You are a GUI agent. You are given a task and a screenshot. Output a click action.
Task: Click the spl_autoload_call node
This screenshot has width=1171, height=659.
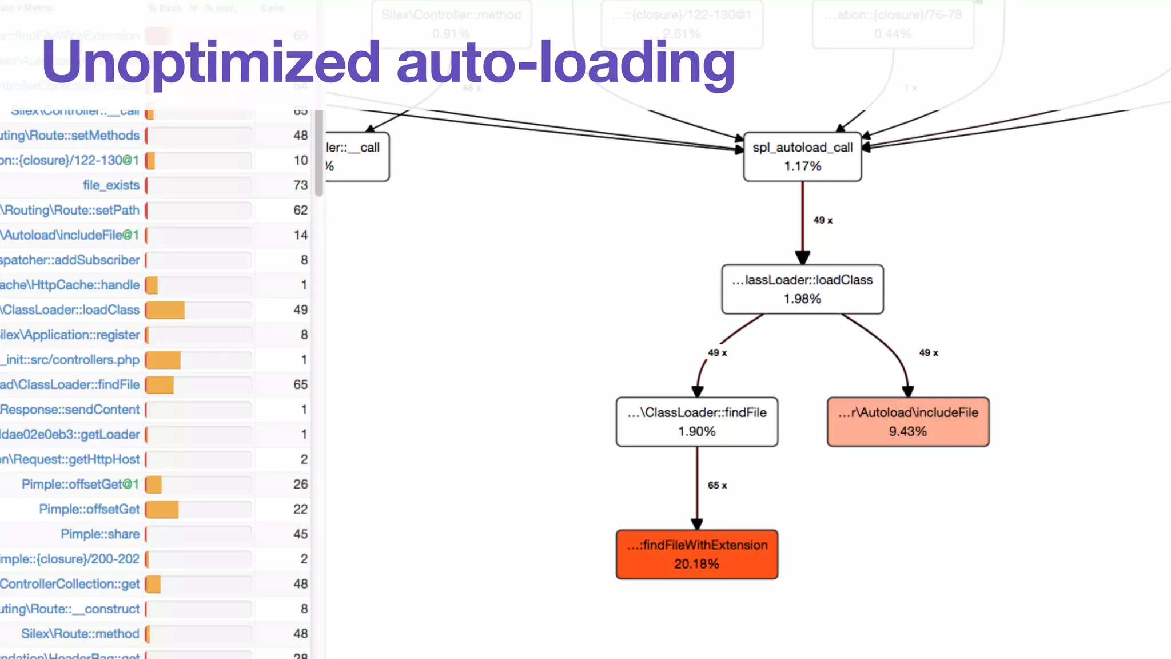tap(802, 157)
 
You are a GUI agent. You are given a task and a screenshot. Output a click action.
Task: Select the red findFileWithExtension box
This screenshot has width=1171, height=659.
tap(696, 554)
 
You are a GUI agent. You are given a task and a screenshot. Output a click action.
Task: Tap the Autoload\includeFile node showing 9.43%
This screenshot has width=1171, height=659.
tap(907, 422)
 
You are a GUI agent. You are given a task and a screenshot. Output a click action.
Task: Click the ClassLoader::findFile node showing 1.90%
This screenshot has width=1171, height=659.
tap(696, 422)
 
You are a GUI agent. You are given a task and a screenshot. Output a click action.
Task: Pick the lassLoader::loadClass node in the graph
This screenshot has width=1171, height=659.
tap(802, 289)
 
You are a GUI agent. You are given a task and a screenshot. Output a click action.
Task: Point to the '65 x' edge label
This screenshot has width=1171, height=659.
tap(717, 485)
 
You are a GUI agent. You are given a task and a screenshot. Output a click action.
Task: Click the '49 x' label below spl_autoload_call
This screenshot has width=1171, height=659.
tap(823, 220)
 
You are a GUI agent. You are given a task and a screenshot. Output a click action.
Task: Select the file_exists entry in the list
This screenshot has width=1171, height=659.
tap(111, 185)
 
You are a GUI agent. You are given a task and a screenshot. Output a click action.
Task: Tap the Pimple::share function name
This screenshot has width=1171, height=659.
tap(100, 534)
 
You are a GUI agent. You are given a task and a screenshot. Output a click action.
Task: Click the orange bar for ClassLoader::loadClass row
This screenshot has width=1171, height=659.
tap(165, 310)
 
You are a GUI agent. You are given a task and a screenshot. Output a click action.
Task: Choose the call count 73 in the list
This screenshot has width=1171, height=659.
tap(300, 185)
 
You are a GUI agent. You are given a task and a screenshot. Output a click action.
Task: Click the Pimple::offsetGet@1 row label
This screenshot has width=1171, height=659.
tap(80, 484)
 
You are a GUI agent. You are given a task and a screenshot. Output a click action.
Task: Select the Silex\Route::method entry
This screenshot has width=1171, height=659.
tap(80, 633)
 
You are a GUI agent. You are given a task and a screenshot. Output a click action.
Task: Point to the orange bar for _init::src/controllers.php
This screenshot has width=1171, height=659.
tap(164, 360)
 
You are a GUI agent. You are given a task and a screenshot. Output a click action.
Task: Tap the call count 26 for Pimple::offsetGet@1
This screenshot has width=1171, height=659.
tap(300, 484)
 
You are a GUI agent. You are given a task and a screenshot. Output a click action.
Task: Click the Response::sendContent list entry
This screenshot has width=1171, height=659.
tap(70, 410)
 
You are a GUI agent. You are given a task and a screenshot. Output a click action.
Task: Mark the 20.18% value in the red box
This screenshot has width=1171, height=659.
tap(696, 564)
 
